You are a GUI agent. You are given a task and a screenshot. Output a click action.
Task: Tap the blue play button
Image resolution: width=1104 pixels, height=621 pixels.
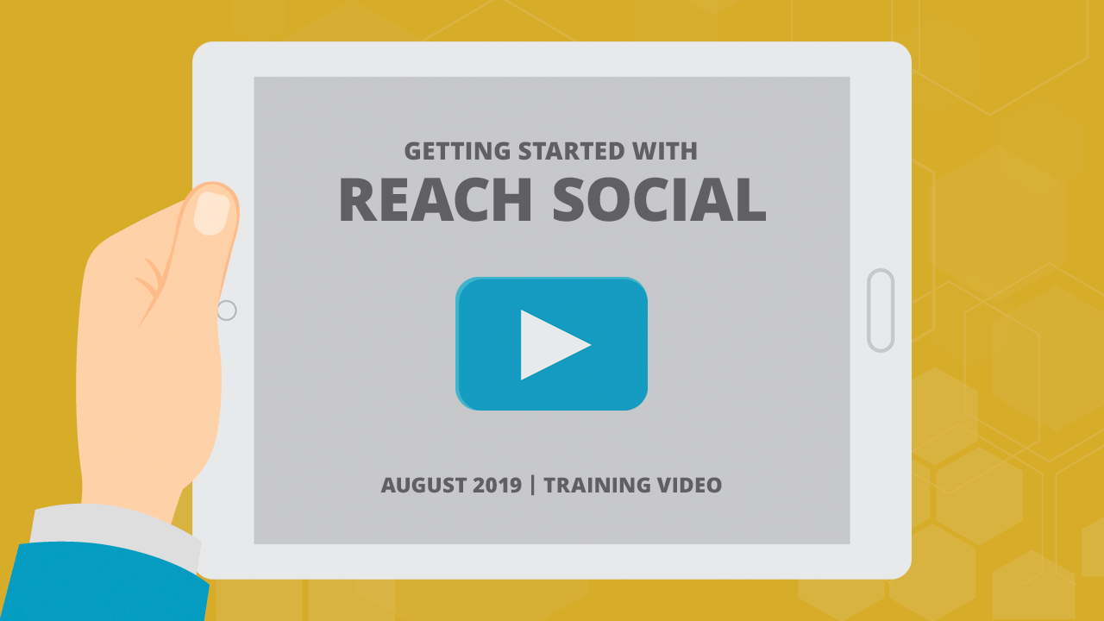(551, 343)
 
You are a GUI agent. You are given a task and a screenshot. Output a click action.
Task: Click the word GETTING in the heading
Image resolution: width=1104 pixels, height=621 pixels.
(457, 151)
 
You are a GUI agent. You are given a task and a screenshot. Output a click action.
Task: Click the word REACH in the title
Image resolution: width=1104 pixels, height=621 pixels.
(436, 199)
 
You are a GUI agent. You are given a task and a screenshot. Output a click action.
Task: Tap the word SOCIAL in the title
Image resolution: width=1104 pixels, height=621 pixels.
(660, 199)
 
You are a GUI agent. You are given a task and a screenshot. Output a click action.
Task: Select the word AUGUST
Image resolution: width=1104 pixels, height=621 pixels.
(423, 485)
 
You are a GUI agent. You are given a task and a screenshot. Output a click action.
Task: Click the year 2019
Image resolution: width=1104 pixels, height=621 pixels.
(497, 485)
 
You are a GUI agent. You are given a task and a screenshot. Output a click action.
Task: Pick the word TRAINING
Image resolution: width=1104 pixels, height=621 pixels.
(597, 485)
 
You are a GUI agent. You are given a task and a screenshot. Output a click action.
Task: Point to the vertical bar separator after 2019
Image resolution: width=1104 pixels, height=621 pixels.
(532, 485)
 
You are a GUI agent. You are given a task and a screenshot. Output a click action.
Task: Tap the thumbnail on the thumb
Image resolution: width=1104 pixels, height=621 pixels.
(212, 213)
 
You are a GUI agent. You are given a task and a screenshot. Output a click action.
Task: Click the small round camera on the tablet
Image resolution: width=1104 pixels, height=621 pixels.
(227, 310)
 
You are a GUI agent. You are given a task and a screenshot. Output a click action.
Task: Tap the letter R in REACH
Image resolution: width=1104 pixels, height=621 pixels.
(358, 199)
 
